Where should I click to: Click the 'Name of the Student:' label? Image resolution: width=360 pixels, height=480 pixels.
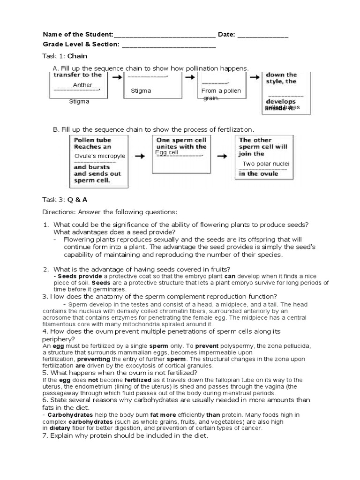78,35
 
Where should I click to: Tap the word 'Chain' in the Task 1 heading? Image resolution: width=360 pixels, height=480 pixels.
77,56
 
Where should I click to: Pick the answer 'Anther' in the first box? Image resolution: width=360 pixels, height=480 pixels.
82,85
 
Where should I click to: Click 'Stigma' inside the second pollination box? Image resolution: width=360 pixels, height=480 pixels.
141,90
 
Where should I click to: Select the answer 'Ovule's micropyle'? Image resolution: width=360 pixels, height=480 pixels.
100,156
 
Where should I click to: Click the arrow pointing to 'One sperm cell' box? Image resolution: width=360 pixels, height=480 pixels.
140,156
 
